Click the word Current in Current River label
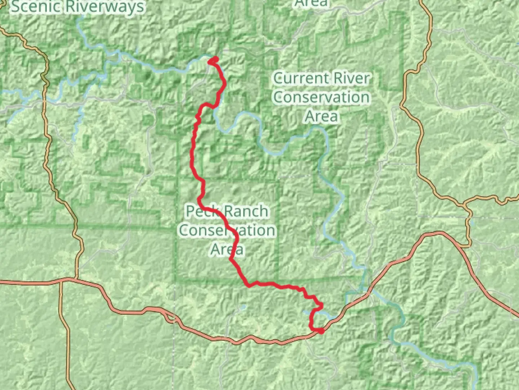point(302,78)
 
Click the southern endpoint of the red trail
point(320,330)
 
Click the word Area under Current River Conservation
point(321,116)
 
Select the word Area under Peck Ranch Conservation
point(227,250)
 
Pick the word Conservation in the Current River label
point(321,97)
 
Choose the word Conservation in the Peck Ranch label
point(227,230)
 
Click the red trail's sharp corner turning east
point(249,286)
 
